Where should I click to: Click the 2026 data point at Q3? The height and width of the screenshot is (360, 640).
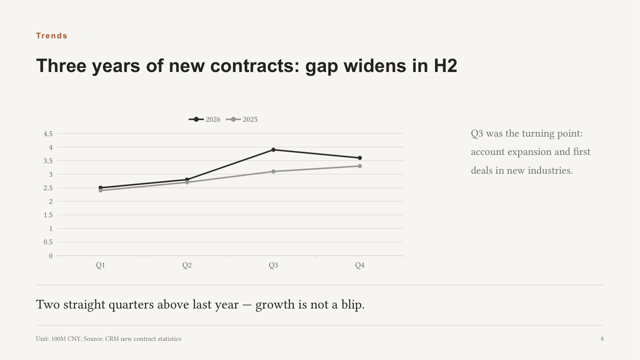point(273,150)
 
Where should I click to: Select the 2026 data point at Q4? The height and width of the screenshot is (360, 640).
point(360,158)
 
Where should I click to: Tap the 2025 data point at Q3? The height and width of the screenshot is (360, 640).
point(273,171)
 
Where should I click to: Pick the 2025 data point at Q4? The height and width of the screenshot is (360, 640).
point(360,166)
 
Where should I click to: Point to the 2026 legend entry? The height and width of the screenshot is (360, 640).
point(204,120)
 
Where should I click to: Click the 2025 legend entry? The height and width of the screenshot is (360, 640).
point(242,120)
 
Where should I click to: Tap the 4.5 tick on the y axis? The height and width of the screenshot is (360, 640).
point(48,134)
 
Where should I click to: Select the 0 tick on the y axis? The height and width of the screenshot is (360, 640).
point(51,256)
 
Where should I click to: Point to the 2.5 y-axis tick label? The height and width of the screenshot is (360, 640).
point(48,188)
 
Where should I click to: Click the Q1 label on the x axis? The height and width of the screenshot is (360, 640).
point(100,265)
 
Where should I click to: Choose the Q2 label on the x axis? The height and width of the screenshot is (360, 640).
point(187,265)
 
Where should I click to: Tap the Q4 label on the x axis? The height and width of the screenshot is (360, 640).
point(360,265)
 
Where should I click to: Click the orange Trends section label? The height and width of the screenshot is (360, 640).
point(51,36)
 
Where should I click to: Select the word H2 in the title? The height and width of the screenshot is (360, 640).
point(445,66)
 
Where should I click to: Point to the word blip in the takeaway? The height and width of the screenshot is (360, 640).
point(353,305)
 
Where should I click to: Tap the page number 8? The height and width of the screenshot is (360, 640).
point(602,339)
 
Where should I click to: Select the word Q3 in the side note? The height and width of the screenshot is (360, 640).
point(477,134)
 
